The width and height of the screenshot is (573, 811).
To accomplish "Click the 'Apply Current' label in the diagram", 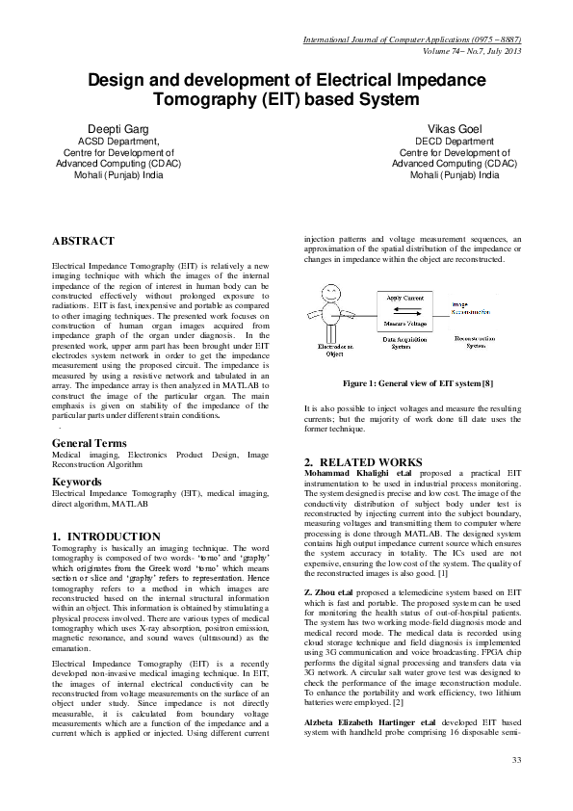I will (x=404, y=299).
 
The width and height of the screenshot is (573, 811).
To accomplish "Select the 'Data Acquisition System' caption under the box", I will (x=404, y=344).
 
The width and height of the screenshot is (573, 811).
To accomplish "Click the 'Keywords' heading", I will (x=77, y=481).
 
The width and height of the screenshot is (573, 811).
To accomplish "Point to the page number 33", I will (x=516, y=761).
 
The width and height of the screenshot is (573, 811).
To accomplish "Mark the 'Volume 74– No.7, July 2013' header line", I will (x=466, y=51).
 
